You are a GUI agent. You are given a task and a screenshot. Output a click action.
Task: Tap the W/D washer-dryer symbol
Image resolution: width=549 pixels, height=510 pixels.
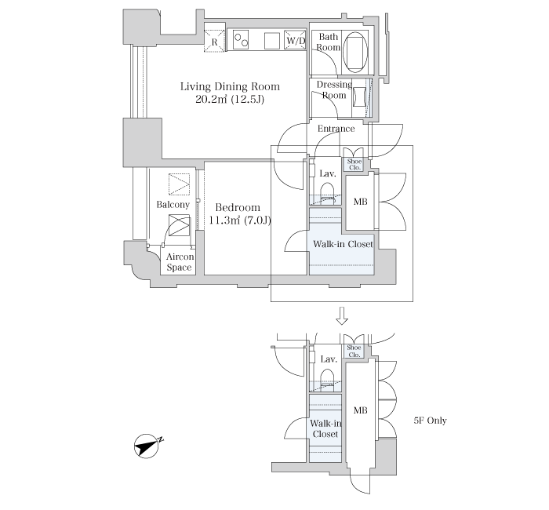(295, 40)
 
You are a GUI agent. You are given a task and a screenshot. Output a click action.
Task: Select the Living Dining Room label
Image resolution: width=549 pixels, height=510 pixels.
(230, 86)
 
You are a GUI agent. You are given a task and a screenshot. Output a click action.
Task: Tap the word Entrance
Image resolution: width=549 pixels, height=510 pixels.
(336, 129)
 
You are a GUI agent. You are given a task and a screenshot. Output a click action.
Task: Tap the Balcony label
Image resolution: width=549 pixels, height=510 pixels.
(173, 205)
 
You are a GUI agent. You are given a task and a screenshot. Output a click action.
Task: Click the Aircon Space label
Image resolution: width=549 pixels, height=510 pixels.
(179, 262)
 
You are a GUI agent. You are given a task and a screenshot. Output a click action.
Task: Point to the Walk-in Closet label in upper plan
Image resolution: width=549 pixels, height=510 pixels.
(343, 244)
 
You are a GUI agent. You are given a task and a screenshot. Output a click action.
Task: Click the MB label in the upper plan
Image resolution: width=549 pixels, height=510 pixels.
(361, 202)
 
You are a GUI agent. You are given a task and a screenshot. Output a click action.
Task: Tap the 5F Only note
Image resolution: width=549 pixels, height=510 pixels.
(430, 421)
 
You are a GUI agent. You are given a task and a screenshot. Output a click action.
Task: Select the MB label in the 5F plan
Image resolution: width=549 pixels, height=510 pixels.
(360, 410)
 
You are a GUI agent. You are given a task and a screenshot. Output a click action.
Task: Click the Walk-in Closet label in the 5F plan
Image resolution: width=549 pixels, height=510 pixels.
(325, 428)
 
